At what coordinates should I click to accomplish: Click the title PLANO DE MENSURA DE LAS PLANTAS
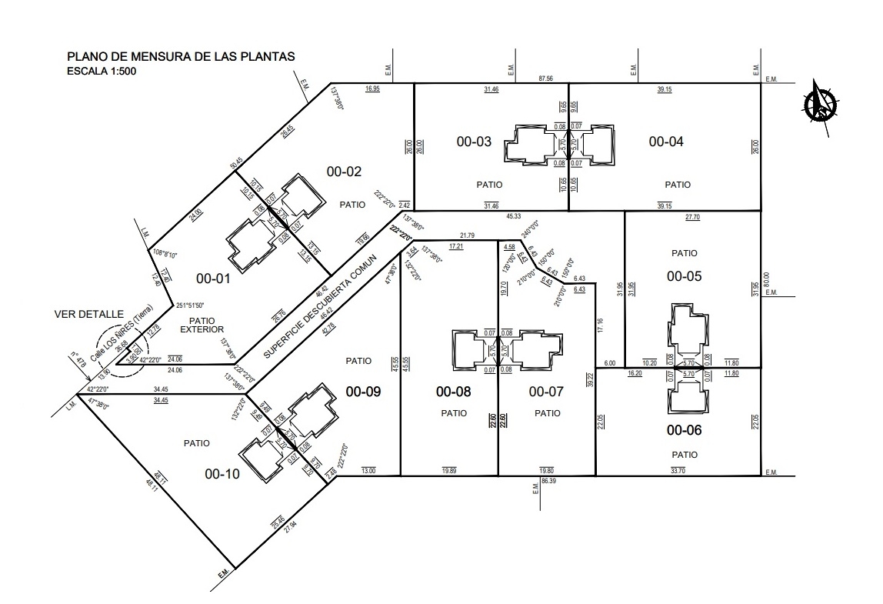tap(181, 57)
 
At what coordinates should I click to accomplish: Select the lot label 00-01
tap(213, 279)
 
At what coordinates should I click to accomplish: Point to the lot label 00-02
tap(344, 172)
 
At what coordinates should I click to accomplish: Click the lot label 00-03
tap(474, 142)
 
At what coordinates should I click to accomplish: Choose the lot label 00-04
tap(666, 142)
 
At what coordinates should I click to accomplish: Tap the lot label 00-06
tap(685, 430)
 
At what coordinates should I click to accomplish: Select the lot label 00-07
tap(547, 392)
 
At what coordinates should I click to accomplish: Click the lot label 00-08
tap(454, 392)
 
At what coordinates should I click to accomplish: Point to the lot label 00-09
tap(363, 392)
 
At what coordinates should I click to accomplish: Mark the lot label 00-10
tap(222, 474)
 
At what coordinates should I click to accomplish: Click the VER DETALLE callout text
tap(89, 314)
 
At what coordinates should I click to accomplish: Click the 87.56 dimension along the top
tap(546, 78)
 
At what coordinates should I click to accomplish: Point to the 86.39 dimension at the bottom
tap(548, 480)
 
